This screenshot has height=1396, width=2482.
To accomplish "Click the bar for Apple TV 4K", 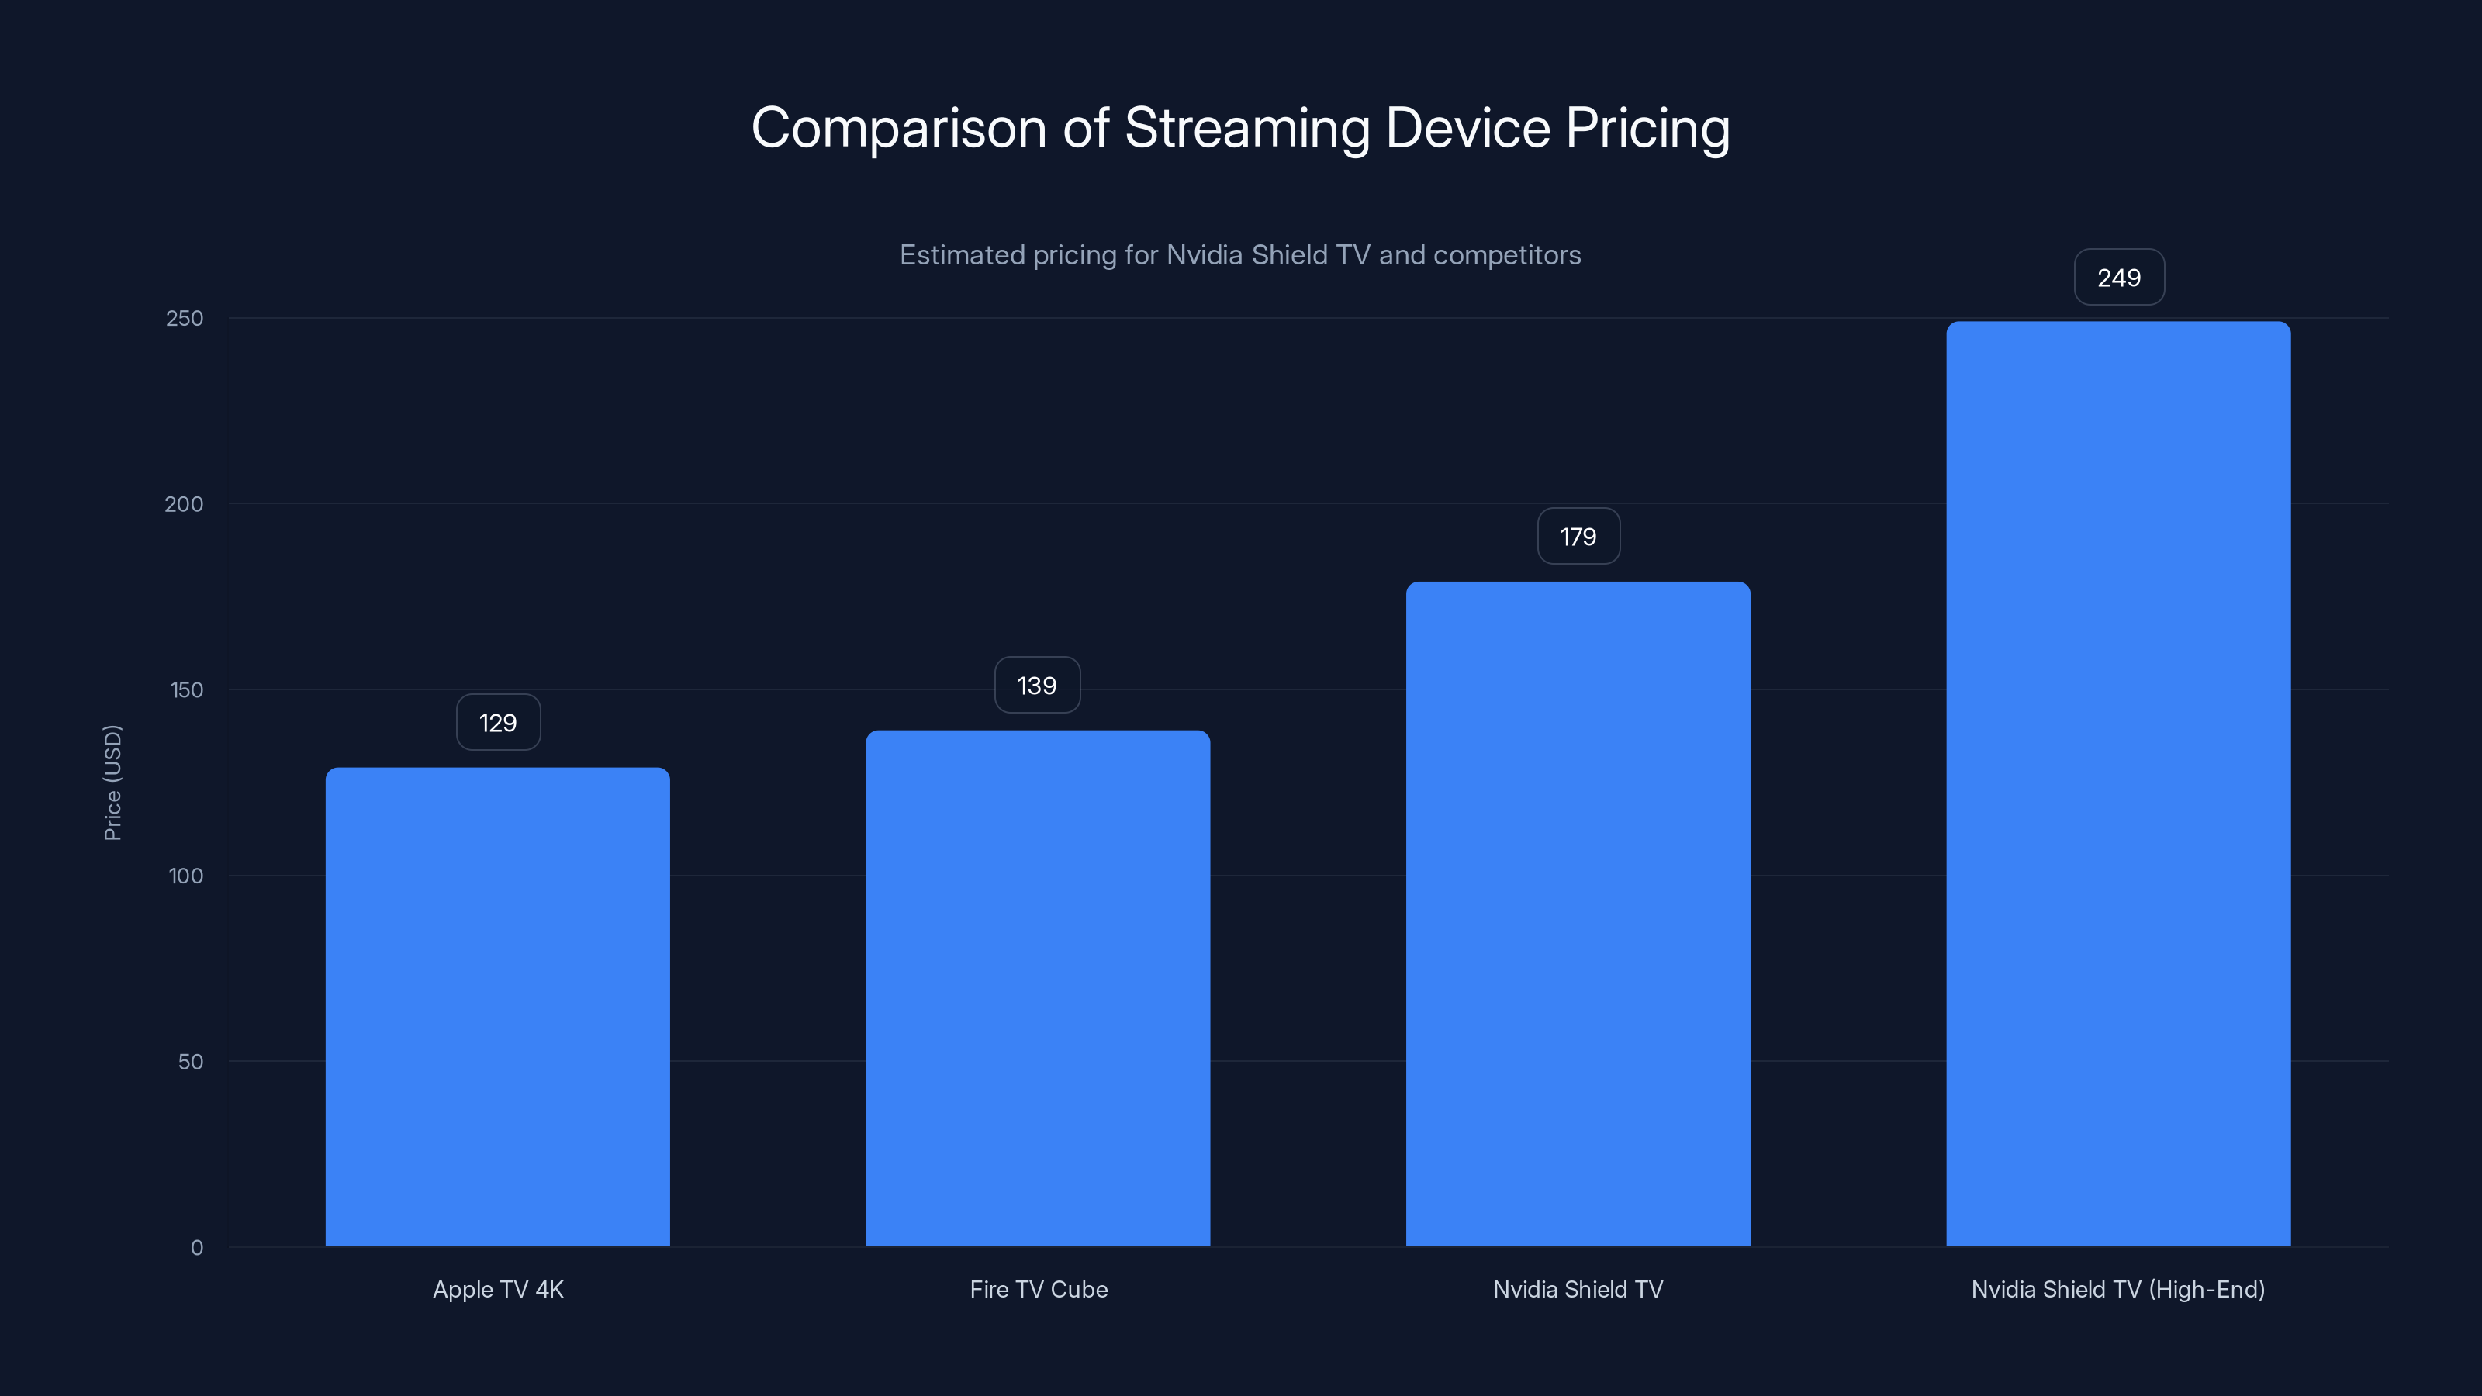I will [497, 1007].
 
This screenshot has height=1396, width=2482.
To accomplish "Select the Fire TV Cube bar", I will [1038, 987].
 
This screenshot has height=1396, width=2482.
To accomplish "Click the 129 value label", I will [498, 723].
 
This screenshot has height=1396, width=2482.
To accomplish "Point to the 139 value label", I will [1037, 685].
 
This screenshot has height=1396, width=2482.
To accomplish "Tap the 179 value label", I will [1578, 537].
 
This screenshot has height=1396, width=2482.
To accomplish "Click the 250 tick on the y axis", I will [185, 318].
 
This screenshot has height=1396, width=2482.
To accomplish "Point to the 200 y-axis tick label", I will [184, 504].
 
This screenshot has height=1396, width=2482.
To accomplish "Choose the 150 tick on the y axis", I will [186, 689].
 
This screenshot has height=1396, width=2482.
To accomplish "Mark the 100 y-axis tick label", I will [186, 876].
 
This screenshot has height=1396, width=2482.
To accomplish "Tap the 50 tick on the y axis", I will [191, 1062].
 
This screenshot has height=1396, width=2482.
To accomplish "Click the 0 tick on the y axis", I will [196, 1248].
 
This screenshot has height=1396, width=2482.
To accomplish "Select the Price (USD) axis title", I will [112, 783].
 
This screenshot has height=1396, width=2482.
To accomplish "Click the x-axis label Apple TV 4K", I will [498, 1289].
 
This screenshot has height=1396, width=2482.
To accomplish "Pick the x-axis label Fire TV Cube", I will [1039, 1289].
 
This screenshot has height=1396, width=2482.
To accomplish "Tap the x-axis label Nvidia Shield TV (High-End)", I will [2117, 1289].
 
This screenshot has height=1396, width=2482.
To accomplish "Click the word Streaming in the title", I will [1246, 129].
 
